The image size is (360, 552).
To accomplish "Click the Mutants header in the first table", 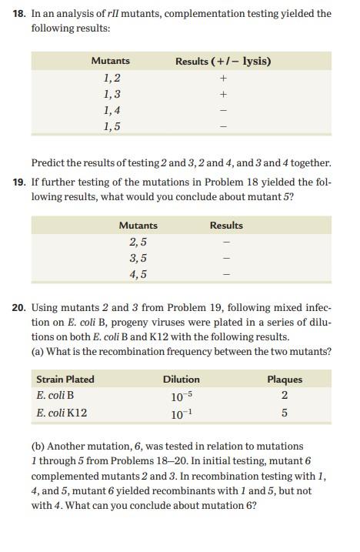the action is [x=111, y=61].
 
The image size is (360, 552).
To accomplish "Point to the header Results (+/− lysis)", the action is [x=223, y=61].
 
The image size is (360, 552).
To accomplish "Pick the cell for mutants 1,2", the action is [x=111, y=78].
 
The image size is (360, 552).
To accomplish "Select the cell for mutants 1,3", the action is [x=111, y=94].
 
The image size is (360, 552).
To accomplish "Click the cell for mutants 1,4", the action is [x=111, y=110].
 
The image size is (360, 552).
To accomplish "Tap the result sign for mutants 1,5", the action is [x=223, y=127].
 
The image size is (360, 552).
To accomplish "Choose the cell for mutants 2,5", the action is [x=138, y=242].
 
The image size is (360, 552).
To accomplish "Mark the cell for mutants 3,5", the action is [x=138, y=258].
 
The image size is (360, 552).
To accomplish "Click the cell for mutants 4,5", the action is [x=138, y=274].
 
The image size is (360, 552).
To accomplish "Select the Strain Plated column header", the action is [x=65, y=379].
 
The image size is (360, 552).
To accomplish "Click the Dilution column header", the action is [x=182, y=379].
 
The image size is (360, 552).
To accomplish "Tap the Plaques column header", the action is [x=285, y=379].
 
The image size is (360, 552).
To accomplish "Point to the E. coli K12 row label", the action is [x=62, y=413].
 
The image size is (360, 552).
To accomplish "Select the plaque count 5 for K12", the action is [x=285, y=413].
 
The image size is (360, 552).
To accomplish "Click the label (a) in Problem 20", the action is [x=38, y=351].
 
